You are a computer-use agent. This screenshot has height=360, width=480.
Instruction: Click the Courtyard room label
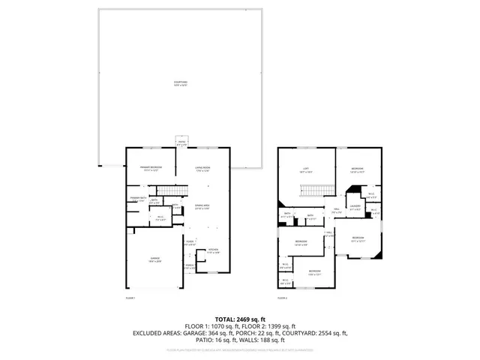pyautogui.click(x=180, y=83)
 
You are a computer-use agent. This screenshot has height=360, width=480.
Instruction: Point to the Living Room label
pyautogui.click(x=202, y=169)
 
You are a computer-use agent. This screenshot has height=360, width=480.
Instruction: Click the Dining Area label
pyautogui.click(x=202, y=206)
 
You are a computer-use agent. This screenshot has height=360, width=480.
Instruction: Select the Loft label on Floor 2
pyautogui.click(x=306, y=169)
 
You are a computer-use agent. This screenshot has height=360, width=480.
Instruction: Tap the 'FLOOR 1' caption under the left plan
pyautogui.click(x=130, y=298)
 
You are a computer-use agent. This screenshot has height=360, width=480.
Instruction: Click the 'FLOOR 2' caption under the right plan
pyautogui.click(x=282, y=298)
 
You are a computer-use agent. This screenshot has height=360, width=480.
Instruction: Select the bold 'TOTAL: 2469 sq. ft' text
pyautogui.click(x=240, y=319)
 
